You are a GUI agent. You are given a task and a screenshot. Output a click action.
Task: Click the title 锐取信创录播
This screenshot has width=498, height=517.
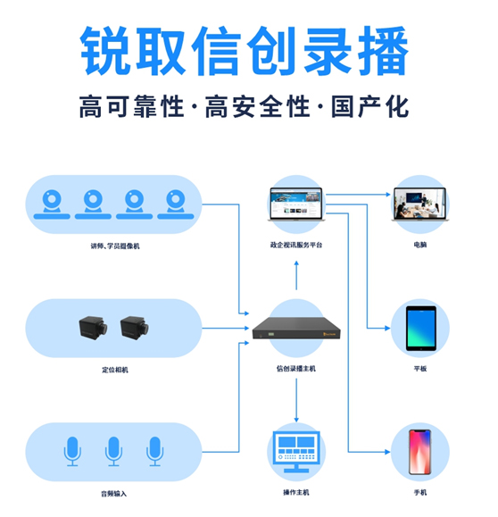(245, 51)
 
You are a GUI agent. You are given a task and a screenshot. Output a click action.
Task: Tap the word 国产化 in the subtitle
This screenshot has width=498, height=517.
(370, 106)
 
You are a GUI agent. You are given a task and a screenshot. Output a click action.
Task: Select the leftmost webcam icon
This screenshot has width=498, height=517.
(52, 204)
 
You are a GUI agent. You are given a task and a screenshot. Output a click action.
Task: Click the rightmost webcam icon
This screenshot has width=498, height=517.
(175, 204)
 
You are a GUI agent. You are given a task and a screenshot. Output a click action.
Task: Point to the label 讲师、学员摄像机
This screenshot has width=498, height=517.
(115, 246)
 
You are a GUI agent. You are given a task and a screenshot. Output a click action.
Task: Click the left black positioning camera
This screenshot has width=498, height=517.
(94, 328)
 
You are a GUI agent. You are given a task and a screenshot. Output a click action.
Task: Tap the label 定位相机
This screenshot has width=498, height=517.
(115, 370)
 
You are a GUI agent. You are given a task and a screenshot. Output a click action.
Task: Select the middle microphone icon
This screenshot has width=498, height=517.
(113, 452)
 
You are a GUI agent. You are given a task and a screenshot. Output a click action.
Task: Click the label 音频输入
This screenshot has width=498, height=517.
(113, 494)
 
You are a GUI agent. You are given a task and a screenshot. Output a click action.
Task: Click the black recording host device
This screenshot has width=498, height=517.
(296, 328)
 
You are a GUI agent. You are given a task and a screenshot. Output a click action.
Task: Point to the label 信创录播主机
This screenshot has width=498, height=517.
(296, 369)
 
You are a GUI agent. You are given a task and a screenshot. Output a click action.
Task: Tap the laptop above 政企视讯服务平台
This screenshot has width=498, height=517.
(296, 204)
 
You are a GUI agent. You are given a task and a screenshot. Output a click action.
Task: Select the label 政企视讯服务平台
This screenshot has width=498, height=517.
(296, 245)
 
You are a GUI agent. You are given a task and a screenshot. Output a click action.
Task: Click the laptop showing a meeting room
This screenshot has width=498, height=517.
(420, 204)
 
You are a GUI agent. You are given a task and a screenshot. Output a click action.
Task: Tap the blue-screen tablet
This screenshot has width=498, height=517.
(421, 328)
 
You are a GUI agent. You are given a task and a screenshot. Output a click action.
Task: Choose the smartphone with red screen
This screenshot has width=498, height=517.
(419, 452)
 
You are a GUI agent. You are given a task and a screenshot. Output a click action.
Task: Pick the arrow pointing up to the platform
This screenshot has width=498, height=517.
(296, 275)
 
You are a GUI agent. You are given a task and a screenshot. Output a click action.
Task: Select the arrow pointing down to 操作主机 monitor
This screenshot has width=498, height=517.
(296, 400)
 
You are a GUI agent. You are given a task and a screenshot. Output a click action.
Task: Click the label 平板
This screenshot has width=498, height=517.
(420, 369)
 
